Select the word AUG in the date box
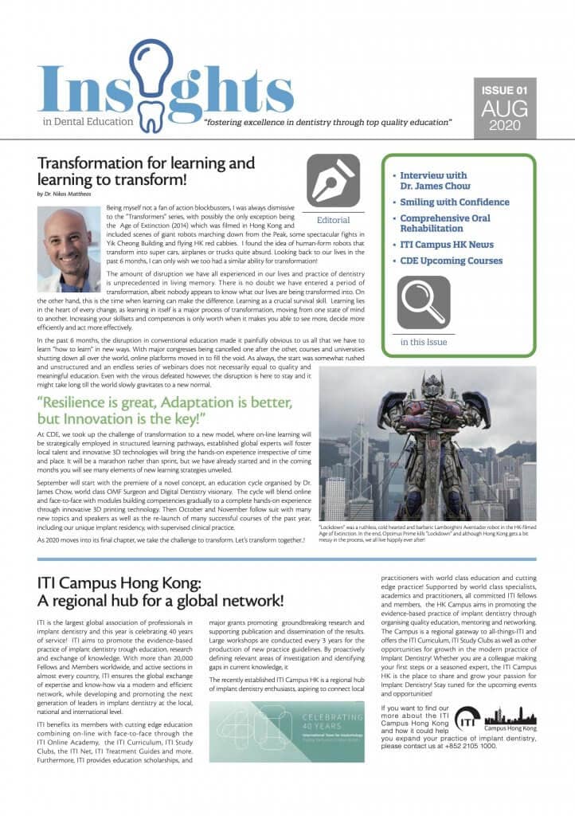[503, 109]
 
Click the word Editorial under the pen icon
[333, 218]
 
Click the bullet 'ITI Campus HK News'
[446, 245]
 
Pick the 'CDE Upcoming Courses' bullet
[450, 261]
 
